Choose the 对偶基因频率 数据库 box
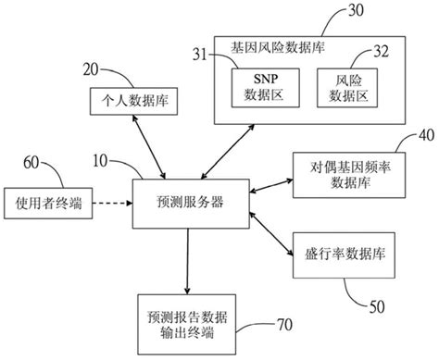pyautogui.click(x=344, y=178)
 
